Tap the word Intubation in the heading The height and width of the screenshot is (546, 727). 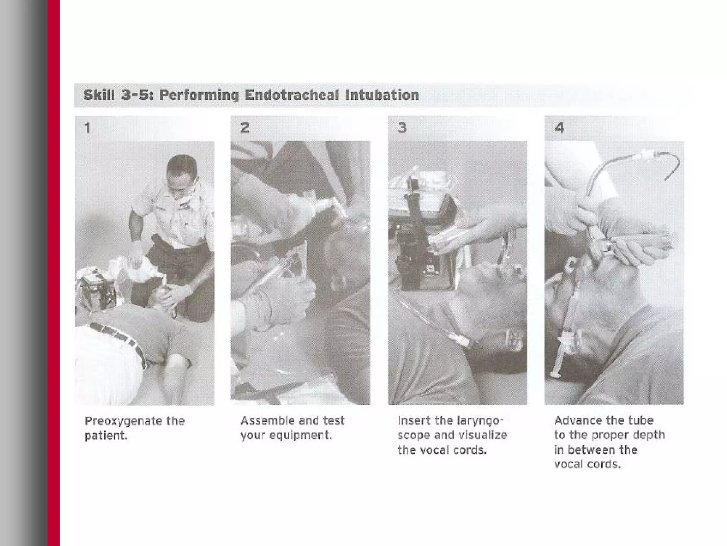[382, 95]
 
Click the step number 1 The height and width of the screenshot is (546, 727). [87, 128]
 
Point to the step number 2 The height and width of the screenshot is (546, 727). [245, 128]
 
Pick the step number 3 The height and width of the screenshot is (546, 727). [402, 128]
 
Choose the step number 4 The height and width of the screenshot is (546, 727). [559, 128]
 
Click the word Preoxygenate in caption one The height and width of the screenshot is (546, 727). [123, 422]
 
